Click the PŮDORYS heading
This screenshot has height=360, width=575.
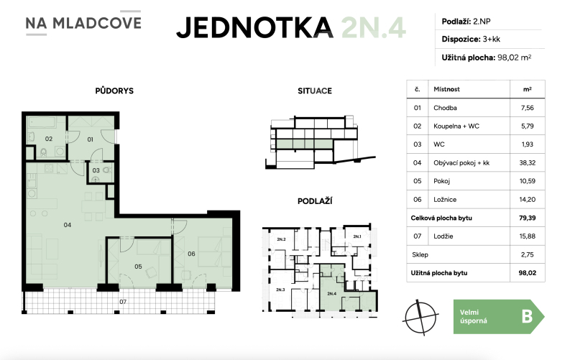pyautogui.click(x=114, y=91)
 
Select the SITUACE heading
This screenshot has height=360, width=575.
pyautogui.click(x=314, y=91)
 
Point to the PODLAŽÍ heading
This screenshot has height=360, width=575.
pyautogui.click(x=314, y=203)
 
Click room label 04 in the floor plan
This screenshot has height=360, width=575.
pyautogui.click(x=67, y=225)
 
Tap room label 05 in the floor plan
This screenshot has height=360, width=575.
pyautogui.click(x=138, y=267)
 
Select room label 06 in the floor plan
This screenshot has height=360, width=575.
pyautogui.click(x=192, y=253)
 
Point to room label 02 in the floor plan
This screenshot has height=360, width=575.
pyautogui.click(x=50, y=138)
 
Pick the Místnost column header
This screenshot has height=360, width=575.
pyautogui.click(x=446, y=90)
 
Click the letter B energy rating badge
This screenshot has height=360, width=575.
pyautogui.click(x=527, y=317)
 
